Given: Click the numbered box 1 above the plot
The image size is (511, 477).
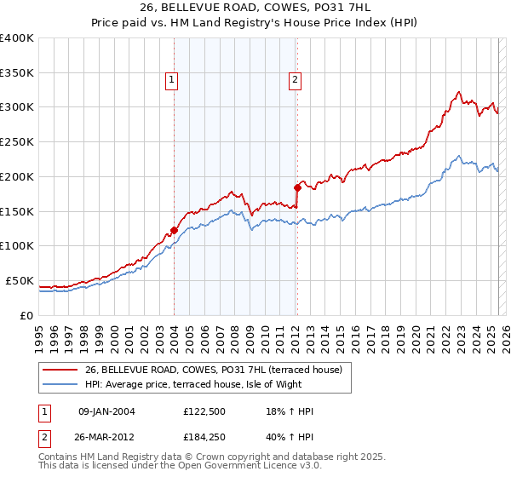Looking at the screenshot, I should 172,81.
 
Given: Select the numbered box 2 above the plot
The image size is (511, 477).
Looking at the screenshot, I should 295,81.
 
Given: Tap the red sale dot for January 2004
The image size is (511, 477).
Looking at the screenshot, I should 174,230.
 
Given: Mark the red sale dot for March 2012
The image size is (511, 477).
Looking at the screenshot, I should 297,187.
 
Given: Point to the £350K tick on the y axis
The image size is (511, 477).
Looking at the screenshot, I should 17,72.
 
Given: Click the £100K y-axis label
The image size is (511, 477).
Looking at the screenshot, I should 17,245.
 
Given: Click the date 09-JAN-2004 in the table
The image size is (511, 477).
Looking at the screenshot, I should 106,411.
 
